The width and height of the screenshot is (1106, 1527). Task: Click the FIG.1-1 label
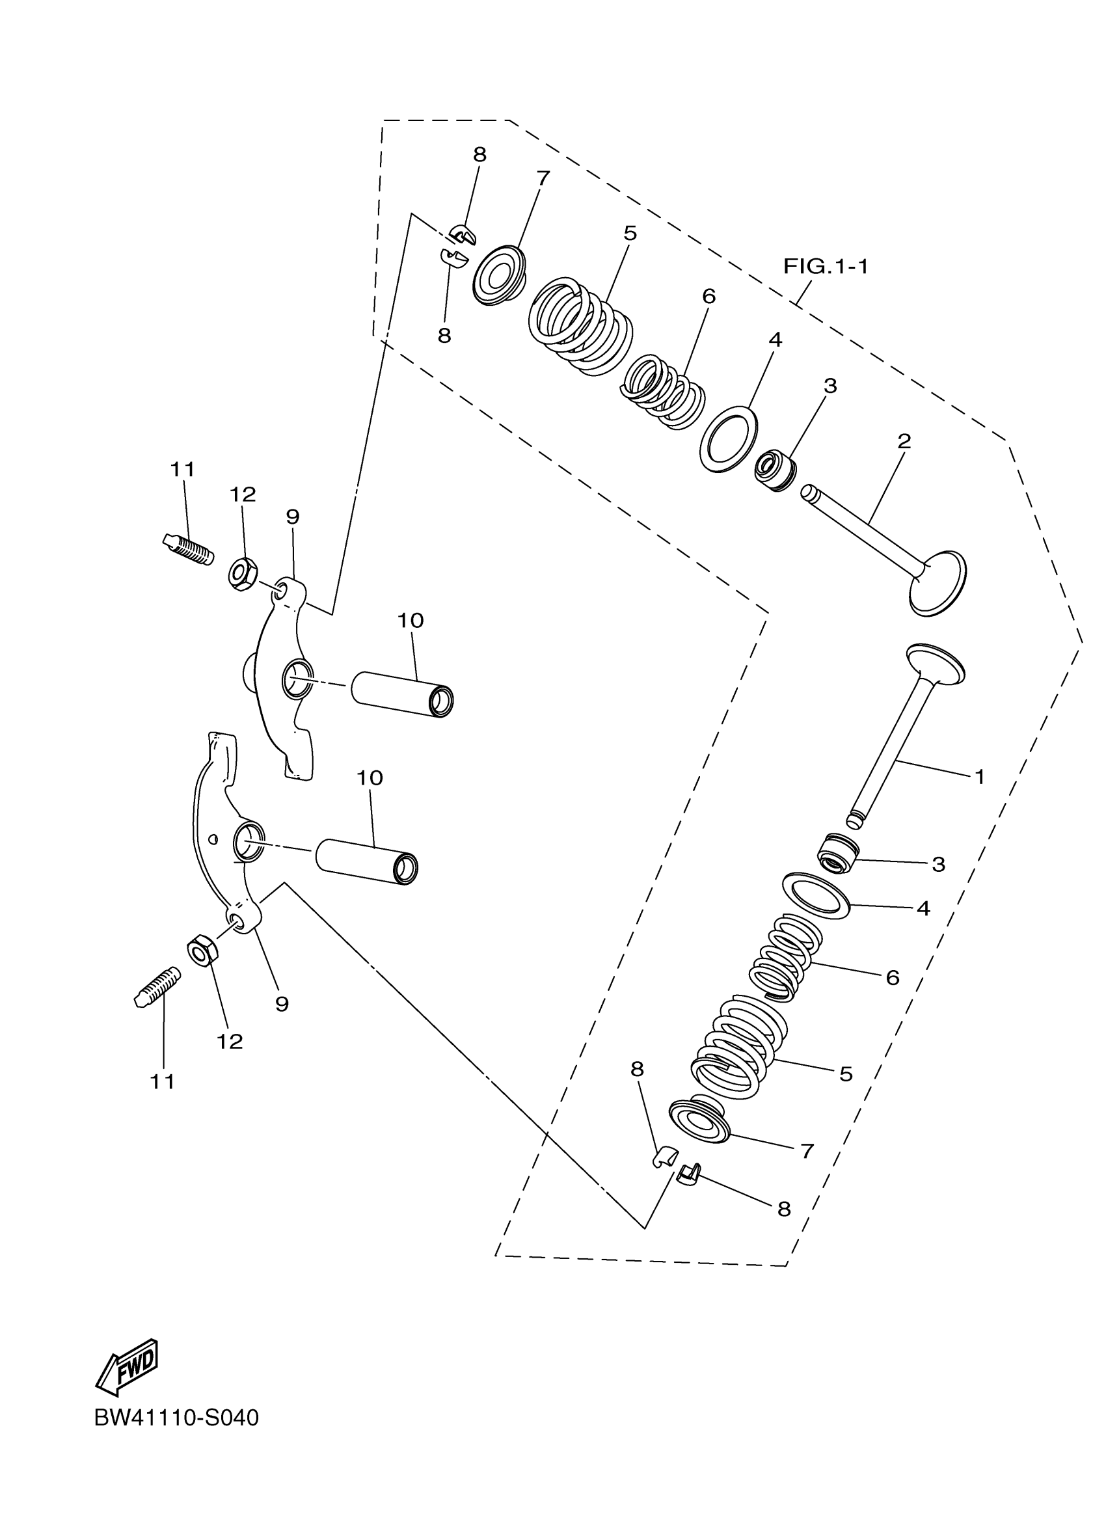pyautogui.click(x=826, y=267)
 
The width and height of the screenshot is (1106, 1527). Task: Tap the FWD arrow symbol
pyautogui.click(x=128, y=1366)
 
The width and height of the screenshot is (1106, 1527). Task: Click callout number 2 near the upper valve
pyautogui.click(x=904, y=442)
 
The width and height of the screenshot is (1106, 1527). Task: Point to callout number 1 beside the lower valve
pyautogui.click(x=979, y=776)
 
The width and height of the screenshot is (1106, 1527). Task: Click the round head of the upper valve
pyautogui.click(x=938, y=583)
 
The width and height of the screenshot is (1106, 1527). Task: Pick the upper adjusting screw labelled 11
pyautogui.click(x=189, y=548)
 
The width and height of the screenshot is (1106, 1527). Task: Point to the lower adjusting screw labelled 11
pyautogui.click(x=157, y=989)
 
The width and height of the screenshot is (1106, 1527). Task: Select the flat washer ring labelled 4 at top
pyautogui.click(x=729, y=439)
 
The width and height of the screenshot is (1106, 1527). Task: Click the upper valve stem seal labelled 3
pyautogui.click(x=775, y=469)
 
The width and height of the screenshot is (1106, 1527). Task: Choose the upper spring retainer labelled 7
pyautogui.click(x=499, y=276)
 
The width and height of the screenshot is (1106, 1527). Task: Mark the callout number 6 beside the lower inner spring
pyautogui.click(x=893, y=977)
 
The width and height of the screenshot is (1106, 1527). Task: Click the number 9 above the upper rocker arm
pyautogui.click(x=292, y=517)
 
